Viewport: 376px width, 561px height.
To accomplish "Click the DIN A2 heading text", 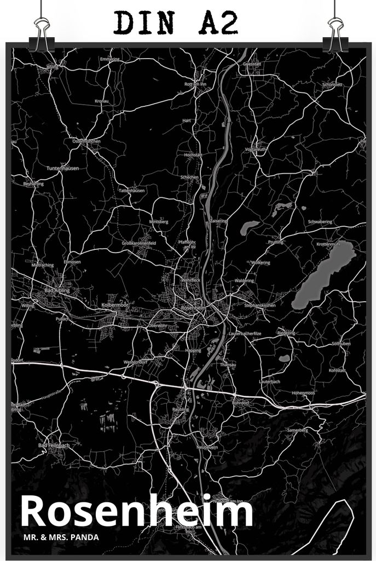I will (x=176, y=23).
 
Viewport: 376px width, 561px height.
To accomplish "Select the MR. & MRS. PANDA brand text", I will (x=61, y=537).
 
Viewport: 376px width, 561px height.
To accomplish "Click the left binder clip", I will (x=42, y=34).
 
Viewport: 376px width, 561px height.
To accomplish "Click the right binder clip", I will (x=334, y=34).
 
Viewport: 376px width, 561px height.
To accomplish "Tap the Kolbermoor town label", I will (x=114, y=304).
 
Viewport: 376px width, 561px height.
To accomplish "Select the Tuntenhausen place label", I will (x=63, y=168).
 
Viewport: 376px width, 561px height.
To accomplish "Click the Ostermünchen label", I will (x=86, y=141).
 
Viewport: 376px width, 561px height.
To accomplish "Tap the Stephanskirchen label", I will (x=260, y=305).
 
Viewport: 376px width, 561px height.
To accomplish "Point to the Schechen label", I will (x=189, y=178).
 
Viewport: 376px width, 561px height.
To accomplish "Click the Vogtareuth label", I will (x=256, y=149).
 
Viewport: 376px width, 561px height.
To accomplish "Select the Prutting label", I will (x=276, y=242).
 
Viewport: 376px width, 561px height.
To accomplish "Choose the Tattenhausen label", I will (x=131, y=190).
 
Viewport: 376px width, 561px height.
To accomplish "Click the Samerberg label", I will (x=297, y=430).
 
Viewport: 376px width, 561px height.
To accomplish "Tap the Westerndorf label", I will (x=136, y=362).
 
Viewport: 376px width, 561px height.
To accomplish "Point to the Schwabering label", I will (x=320, y=222).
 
